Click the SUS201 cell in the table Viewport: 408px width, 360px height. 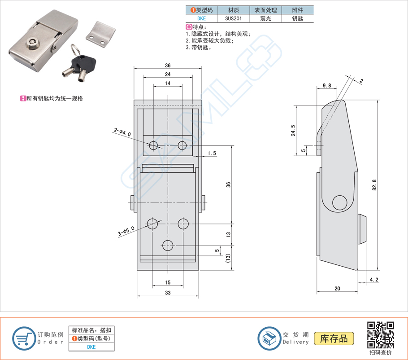point(233,19)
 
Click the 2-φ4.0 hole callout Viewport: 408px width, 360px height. point(122,132)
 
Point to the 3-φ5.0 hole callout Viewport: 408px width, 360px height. point(126,232)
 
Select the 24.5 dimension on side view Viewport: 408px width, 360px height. point(293,131)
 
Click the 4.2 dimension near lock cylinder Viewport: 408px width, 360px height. point(373,280)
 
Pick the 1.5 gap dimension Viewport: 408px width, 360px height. point(212,154)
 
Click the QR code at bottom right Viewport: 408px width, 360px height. point(380,335)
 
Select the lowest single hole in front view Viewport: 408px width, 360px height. point(168,245)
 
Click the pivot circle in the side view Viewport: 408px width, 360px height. point(340,202)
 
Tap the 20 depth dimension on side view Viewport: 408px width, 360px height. point(337,289)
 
